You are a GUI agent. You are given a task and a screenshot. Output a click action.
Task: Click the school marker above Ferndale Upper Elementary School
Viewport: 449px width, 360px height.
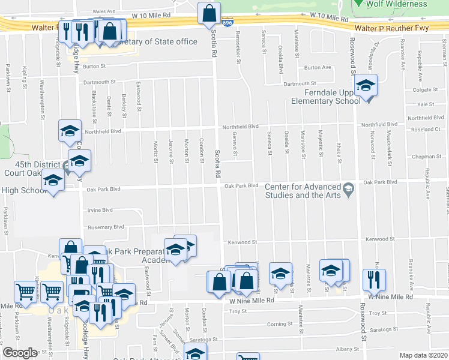click(x=365, y=86)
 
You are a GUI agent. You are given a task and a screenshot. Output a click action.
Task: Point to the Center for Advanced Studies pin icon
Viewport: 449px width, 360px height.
click(x=348, y=190)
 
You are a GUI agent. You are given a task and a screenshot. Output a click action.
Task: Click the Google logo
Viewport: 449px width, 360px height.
click(x=20, y=353)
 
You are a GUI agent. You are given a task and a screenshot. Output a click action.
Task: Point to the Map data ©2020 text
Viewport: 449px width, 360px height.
click(x=424, y=355)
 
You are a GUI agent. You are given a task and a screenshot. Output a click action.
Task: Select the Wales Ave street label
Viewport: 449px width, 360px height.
click(x=103, y=11)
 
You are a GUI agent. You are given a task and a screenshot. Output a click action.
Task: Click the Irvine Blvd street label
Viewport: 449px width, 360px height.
click(x=100, y=210)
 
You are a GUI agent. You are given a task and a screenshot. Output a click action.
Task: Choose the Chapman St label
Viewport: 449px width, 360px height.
click(x=426, y=157)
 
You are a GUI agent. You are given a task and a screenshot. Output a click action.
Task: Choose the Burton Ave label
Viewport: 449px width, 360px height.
click(x=318, y=67)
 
